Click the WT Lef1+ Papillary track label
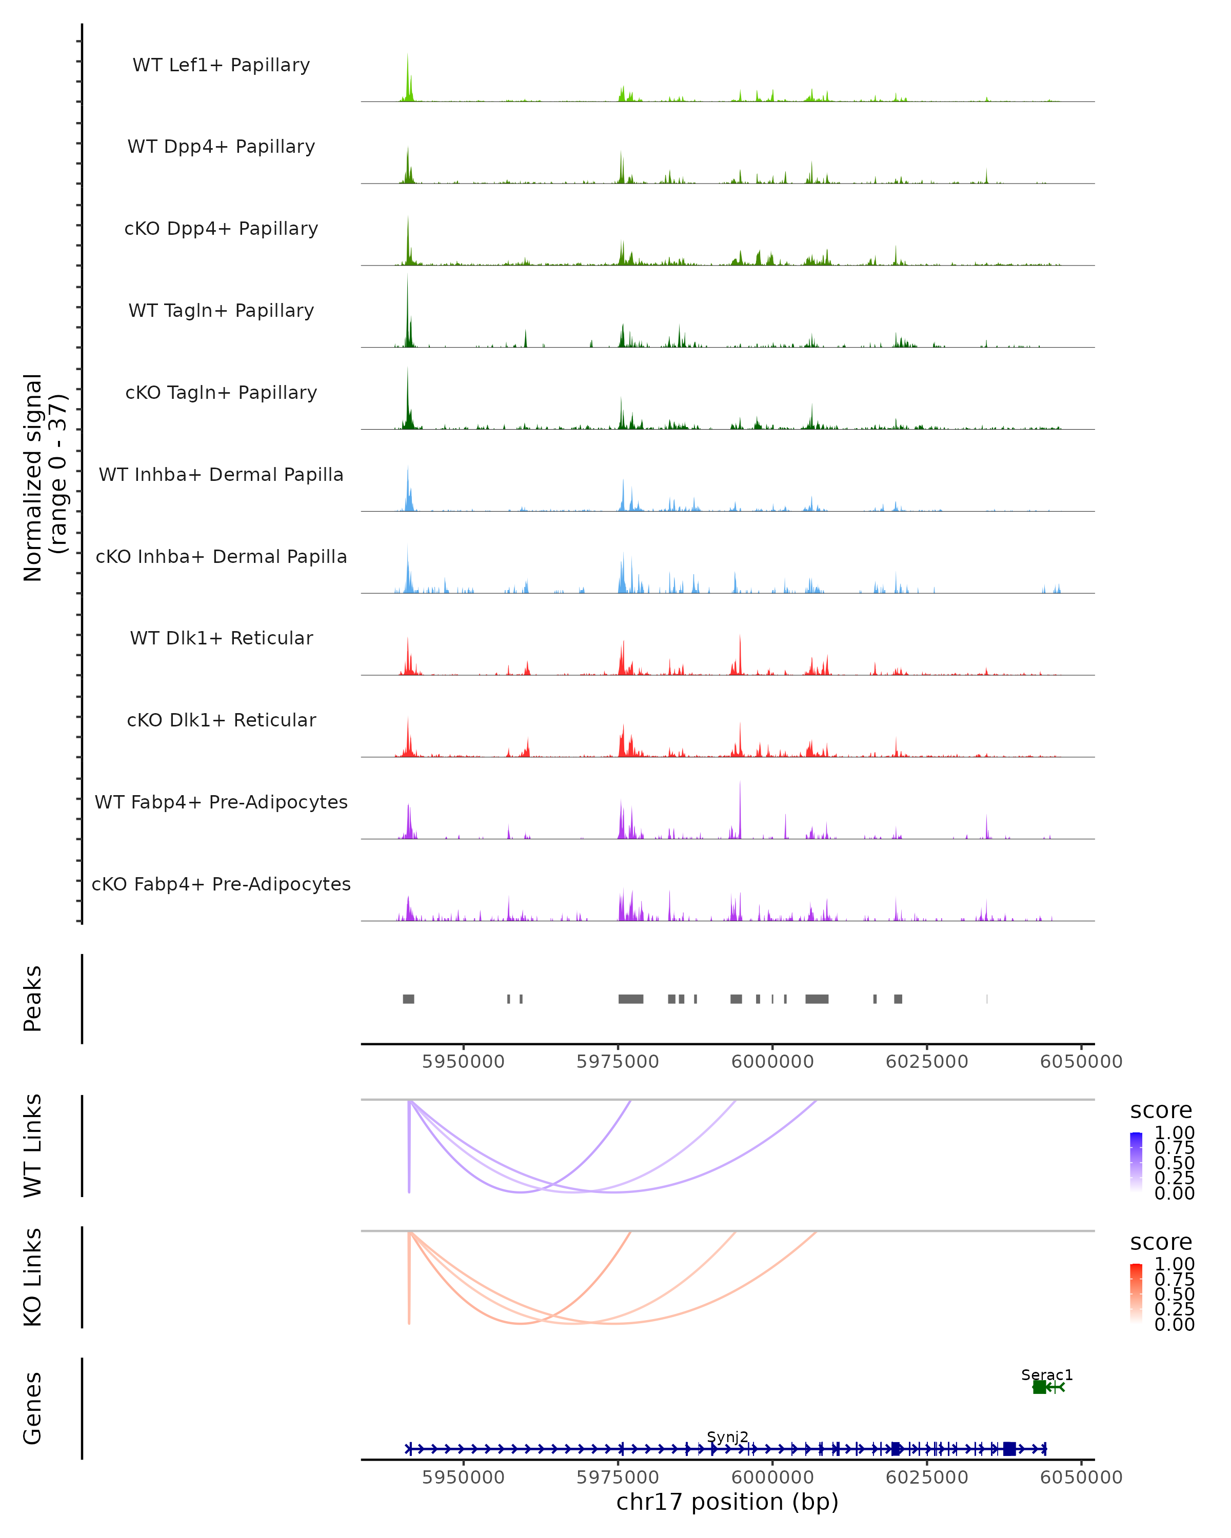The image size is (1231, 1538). click(x=221, y=65)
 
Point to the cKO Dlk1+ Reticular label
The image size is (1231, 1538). click(x=221, y=720)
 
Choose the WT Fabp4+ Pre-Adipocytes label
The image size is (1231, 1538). click(x=221, y=802)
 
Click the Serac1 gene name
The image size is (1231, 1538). click(x=1046, y=1374)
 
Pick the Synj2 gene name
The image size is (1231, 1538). click(x=727, y=1436)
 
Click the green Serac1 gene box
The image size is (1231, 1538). click(x=1039, y=1387)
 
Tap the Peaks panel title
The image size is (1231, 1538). click(x=33, y=999)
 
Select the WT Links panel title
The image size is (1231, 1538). click(x=33, y=1146)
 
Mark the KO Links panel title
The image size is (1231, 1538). click(x=33, y=1278)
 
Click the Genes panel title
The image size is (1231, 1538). click(x=33, y=1408)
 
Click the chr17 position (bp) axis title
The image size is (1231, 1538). click(x=727, y=1502)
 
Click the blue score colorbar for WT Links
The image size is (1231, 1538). click(x=1136, y=1161)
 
